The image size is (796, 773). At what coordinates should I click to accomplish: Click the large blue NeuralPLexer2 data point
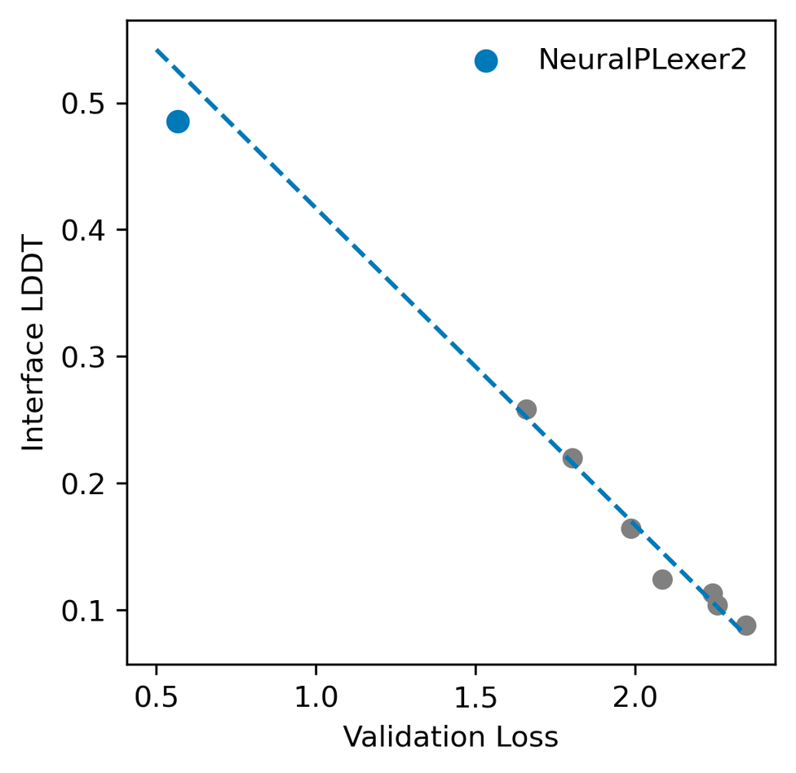pyautogui.click(x=178, y=121)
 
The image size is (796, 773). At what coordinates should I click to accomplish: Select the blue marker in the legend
pyautogui.click(x=486, y=60)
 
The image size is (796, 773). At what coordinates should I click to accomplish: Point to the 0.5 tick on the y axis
pyautogui.click(x=83, y=104)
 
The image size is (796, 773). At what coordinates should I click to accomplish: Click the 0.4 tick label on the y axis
pyautogui.click(x=83, y=230)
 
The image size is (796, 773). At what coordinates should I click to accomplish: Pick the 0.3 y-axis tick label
pyautogui.click(x=83, y=357)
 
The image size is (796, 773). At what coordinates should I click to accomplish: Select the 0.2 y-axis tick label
pyautogui.click(x=83, y=484)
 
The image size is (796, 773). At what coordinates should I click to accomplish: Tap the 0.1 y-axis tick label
pyautogui.click(x=83, y=611)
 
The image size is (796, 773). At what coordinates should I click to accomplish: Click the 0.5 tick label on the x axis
pyautogui.click(x=156, y=697)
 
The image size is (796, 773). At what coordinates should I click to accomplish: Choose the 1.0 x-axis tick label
pyautogui.click(x=316, y=697)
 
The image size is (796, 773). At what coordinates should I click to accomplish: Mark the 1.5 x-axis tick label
pyautogui.click(x=475, y=697)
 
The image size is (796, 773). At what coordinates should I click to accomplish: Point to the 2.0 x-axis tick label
pyautogui.click(x=635, y=697)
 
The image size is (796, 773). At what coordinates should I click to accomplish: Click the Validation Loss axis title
pyautogui.click(x=450, y=737)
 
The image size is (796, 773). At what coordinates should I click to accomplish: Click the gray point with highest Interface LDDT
pyautogui.click(x=526, y=409)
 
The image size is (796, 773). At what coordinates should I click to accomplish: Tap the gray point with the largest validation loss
pyautogui.click(x=745, y=625)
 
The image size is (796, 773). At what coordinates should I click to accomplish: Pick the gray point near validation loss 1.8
pyautogui.click(x=573, y=457)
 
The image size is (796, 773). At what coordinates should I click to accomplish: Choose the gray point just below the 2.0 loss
pyautogui.click(x=630, y=528)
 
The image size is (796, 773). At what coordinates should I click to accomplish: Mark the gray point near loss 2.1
pyautogui.click(x=662, y=580)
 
